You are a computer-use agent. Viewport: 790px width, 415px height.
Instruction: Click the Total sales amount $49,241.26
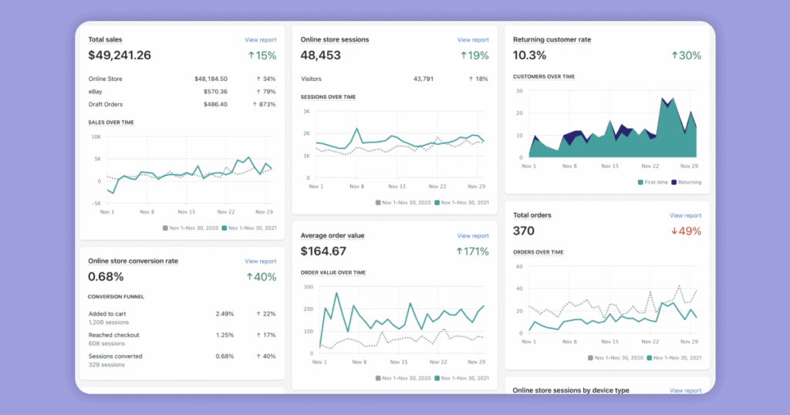[120, 56]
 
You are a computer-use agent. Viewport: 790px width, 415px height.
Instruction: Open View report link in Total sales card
[260, 39]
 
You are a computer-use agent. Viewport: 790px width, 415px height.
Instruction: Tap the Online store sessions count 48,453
[326, 56]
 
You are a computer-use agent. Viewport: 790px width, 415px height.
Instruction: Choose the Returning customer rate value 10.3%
[530, 56]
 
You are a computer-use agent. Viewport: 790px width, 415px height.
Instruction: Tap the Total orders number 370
[523, 231]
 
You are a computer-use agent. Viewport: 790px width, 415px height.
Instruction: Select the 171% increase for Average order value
[473, 251]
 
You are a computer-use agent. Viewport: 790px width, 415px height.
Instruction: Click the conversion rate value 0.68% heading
[105, 277]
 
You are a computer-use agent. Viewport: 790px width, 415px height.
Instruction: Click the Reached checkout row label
[113, 335]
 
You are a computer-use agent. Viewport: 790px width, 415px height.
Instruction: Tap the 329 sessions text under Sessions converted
[106, 365]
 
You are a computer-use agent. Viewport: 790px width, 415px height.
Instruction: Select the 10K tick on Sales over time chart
[96, 137]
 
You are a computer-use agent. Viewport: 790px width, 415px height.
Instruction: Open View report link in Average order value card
[472, 236]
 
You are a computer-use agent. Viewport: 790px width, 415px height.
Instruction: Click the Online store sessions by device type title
[570, 390]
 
